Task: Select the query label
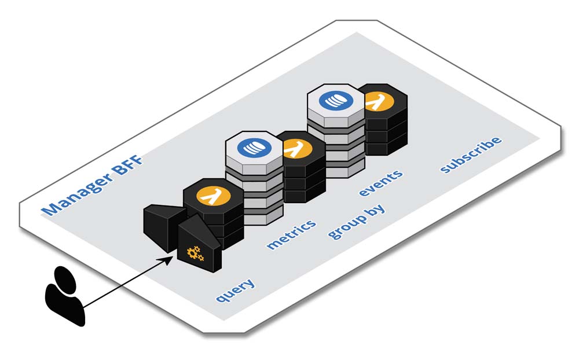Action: [x=235, y=290]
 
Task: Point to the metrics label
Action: [x=291, y=234]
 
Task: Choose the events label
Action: [x=380, y=183]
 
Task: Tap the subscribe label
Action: [x=470, y=155]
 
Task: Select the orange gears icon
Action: [x=195, y=252]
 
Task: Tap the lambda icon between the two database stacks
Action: [x=296, y=148]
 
